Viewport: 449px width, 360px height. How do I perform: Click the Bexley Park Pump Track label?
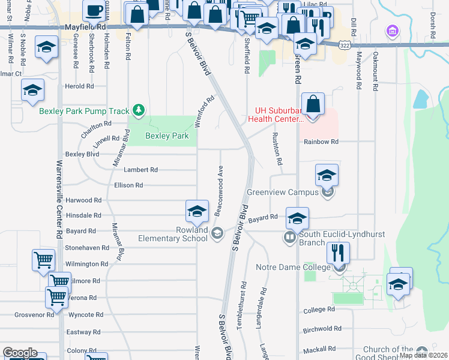[84, 111]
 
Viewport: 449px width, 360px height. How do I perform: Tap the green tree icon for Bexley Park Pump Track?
[139, 110]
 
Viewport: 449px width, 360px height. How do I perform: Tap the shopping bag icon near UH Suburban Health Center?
[313, 104]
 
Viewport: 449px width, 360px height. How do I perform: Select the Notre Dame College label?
[293, 267]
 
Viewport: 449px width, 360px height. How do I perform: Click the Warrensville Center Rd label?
[59, 198]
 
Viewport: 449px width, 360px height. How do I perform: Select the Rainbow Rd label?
[321, 142]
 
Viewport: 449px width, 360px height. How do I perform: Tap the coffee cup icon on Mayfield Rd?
[94, 11]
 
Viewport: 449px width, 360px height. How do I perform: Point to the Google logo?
[20, 353]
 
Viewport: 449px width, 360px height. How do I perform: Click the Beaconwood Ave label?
[220, 191]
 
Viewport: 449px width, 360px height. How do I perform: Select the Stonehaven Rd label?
[81, 247]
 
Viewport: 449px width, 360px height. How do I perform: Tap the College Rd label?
[319, 310]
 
